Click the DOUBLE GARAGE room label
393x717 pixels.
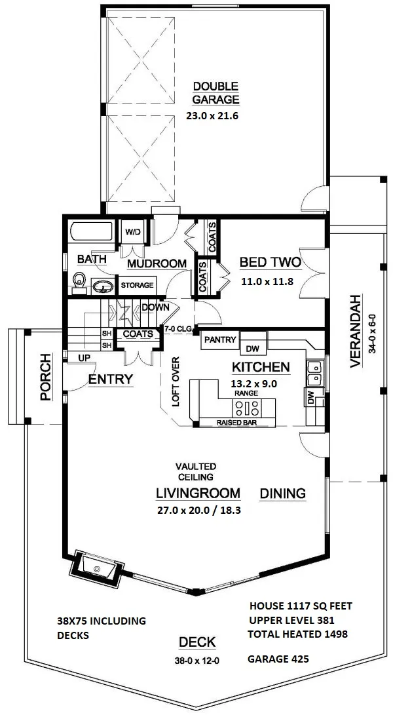(215, 93)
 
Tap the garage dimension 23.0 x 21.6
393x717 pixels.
(215, 119)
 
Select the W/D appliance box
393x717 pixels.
(133, 232)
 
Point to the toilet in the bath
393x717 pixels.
(79, 281)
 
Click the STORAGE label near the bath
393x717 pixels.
(137, 285)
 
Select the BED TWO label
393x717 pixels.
(270, 263)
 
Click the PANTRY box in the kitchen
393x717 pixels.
(219, 339)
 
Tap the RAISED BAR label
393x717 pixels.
(236, 423)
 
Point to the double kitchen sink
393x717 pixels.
(314, 373)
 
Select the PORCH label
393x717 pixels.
(45, 378)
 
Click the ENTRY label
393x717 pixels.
(111, 379)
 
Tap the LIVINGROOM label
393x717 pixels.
(198, 492)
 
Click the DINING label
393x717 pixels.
(283, 493)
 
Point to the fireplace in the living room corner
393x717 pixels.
(96, 564)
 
